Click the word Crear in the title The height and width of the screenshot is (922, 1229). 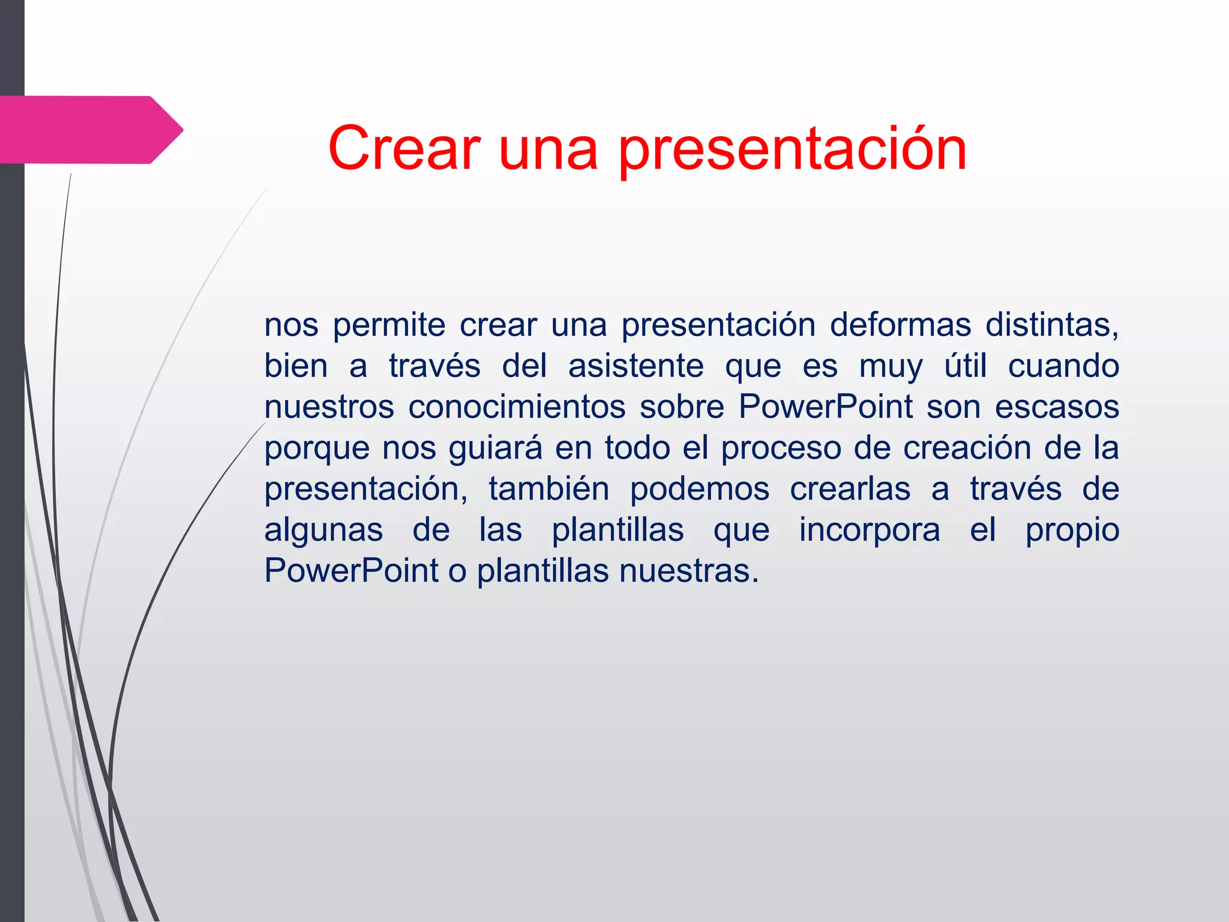[x=404, y=148]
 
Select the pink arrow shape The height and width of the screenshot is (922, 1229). [x=90, y=130]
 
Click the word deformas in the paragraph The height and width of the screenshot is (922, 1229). [x=900, y=325]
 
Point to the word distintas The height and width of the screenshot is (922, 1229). [x=1051, y=325]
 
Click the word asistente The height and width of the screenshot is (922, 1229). [x=636, y=366]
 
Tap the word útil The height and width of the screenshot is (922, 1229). [x=965, y=366]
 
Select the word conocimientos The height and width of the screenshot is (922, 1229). [x=517, y=406]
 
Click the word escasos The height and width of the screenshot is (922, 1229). [x=1057, y=406]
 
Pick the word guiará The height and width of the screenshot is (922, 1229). [x=495, y=448]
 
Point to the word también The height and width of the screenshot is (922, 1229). [x=548, y=489]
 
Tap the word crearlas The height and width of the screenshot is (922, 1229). [x=850, y=489]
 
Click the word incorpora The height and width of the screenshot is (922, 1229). [x=869, y=530]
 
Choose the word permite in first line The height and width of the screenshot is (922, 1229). [x=389, y=326]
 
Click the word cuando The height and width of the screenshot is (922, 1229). [x=1063, y=366]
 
